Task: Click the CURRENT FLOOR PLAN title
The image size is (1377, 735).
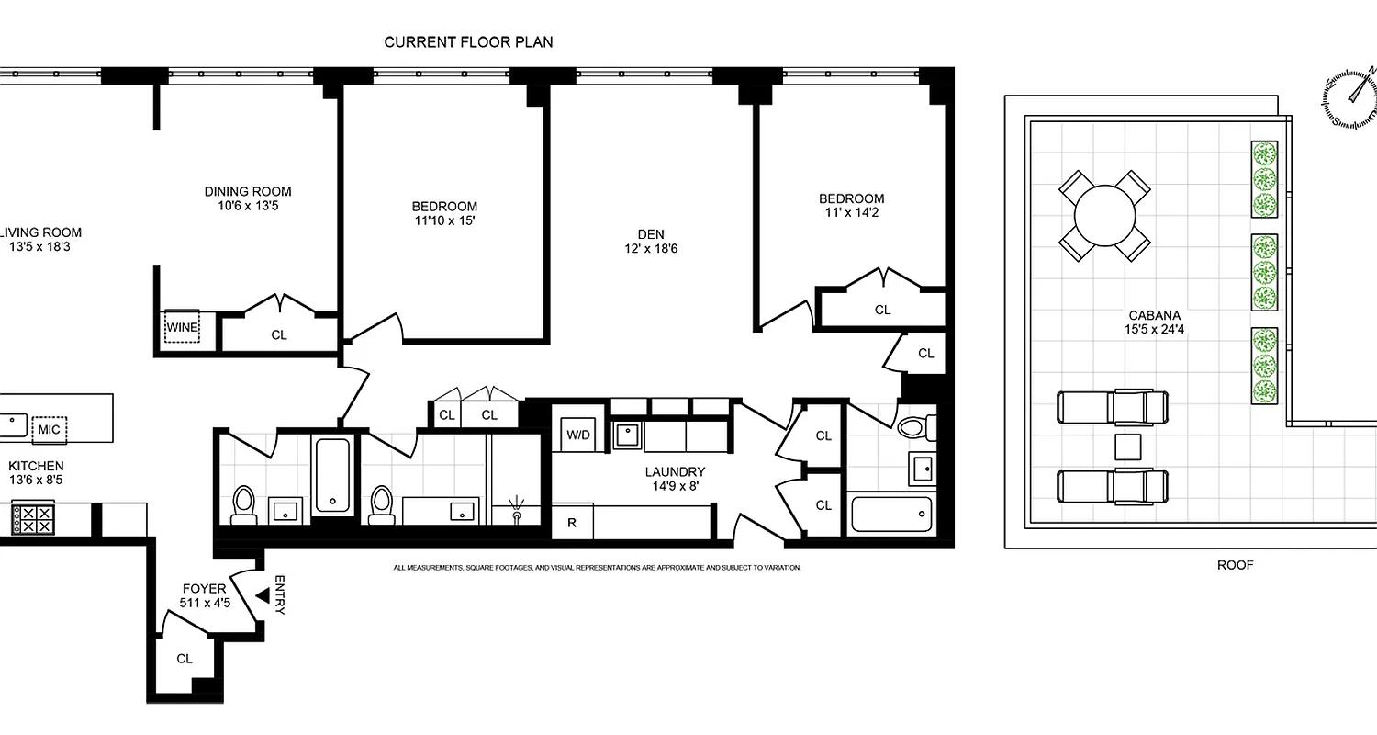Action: (x=468, y=42)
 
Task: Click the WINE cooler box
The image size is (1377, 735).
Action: (x=182, y=326)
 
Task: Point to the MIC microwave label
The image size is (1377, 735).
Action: (x=50, y=429)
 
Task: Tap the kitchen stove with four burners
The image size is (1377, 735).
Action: (x=33, y=519)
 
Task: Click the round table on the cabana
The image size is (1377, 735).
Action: (x=1104, y=217)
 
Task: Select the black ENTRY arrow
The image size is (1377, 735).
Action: (x=263, y=596)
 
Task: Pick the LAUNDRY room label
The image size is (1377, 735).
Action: (x=675, y=471)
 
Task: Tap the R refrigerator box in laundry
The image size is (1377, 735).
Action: (x=572, y=523)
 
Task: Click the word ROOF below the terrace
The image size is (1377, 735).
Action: (x=1235, y=565)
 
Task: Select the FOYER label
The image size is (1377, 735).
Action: (x=204, y=589)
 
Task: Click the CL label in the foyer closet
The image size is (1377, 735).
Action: (x=185, y=659)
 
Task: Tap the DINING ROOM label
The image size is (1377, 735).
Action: (x=247, y=191)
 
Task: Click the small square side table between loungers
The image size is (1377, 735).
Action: (x=1126, y=447)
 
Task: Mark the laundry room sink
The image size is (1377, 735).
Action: (x=628, y=435)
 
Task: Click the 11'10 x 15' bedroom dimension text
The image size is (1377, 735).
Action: (x=444, y=220)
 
